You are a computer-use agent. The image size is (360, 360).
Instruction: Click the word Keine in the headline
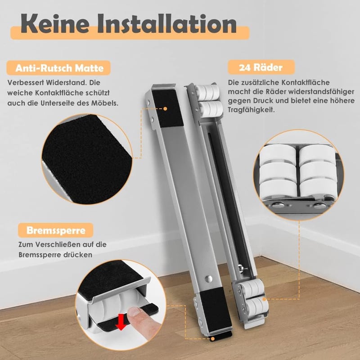pos(55,24)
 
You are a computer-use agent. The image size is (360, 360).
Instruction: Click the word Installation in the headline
pos(167,24)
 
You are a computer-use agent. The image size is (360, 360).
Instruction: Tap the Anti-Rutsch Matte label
pos(59,68)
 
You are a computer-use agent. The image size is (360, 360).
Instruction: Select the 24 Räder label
pos(261,67)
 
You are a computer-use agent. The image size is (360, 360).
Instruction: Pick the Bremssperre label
pos(56,230)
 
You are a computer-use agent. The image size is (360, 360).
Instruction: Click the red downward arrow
pos(121,323)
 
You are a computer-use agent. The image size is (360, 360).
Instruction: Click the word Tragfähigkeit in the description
pos(251,110)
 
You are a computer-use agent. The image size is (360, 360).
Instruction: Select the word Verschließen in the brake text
pos(61,244)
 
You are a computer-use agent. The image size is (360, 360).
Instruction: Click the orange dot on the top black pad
pos(165,108)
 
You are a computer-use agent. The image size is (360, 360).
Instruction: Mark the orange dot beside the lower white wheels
pos(265,299)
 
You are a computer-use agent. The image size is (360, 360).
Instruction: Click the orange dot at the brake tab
pos(213,339)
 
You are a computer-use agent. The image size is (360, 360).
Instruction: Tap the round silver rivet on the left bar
pos(209,279)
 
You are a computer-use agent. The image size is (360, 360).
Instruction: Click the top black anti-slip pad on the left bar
pos(168,108)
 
